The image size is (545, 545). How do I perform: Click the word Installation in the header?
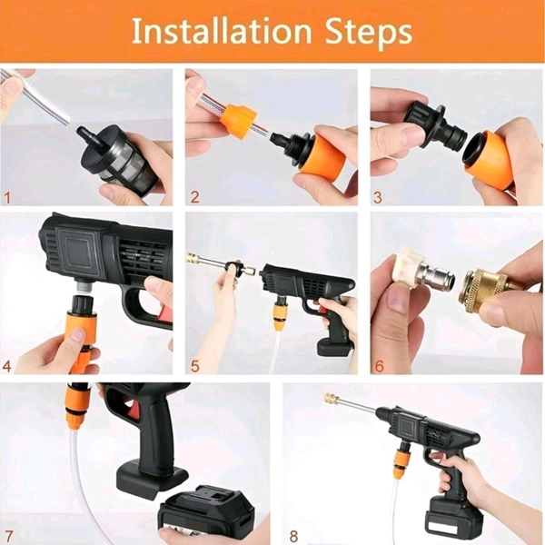[222, 31]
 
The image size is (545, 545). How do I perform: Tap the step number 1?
[7, 198]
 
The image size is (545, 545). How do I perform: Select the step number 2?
[195, 197]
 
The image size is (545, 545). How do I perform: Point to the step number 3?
[378, 197]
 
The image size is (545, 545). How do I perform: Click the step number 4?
[7, 366]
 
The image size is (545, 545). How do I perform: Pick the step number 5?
[195, 366]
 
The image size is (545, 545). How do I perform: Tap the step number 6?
[379, 366]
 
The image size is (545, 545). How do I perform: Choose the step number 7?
[9, 535]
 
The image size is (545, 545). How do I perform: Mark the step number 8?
[293, 536]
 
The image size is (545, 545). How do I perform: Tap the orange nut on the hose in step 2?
[239, 115]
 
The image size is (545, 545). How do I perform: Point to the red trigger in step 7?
[134, 409]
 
